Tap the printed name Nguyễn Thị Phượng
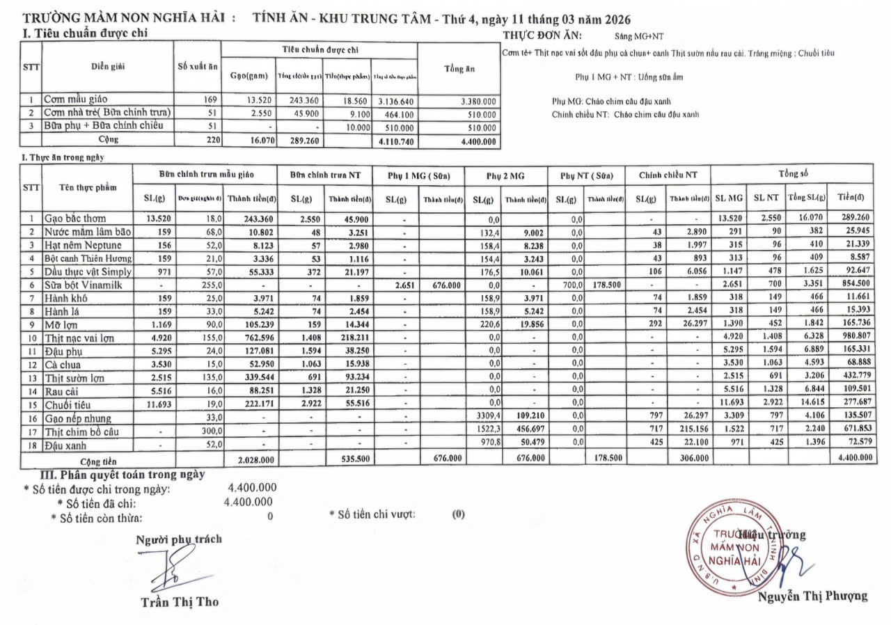click(812, 596)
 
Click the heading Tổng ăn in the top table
click(459, 68)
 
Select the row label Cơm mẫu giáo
click(76, 100)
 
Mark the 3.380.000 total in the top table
click(478, 101)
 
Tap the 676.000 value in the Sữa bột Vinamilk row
click(446, 285)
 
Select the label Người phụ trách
click(179, 539)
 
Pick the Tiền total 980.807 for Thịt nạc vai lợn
click(853, 338)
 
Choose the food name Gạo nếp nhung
click(78, 418)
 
